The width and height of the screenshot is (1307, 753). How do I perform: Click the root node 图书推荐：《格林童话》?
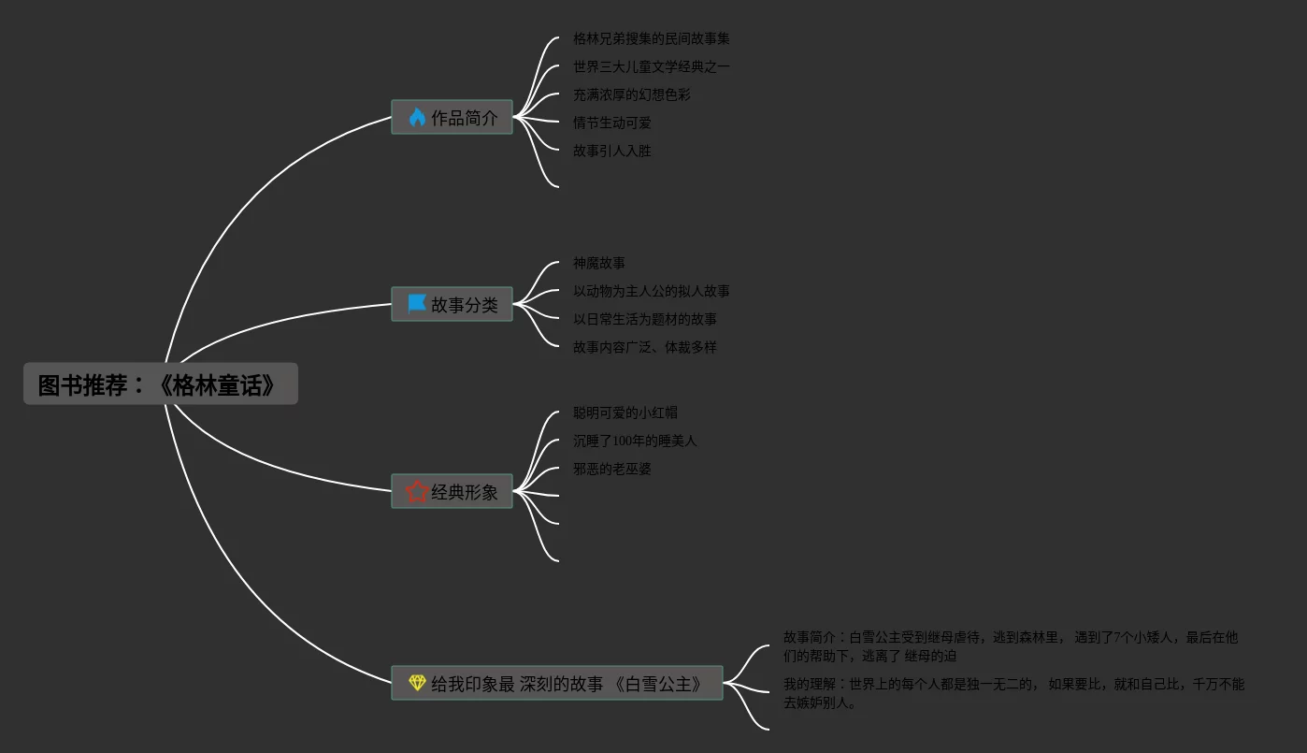(160, 384)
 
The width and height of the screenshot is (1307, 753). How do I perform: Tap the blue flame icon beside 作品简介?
(417, 118)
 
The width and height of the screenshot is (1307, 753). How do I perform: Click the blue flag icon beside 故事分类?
(417, 305)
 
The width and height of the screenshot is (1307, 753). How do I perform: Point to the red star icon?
(417, 492)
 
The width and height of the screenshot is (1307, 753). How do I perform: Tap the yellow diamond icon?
(417, 684)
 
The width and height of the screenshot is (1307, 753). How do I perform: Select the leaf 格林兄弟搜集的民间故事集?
(651, 39)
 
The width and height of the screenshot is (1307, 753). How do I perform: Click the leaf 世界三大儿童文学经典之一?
(651, 67)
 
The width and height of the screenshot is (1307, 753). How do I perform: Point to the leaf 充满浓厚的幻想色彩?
(632, 95)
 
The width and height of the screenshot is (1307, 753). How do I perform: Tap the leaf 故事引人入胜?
(612, 152)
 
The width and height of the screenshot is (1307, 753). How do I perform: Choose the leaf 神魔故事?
(599, 264)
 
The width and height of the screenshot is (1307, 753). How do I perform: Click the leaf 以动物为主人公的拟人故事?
(651, 292)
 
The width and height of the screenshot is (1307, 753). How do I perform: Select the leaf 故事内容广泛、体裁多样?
(644, 348)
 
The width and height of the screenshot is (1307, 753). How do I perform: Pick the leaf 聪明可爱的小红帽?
(625, 413)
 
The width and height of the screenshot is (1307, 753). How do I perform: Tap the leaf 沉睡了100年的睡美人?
(635, 442)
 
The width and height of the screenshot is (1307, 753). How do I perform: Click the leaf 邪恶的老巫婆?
(612, 470)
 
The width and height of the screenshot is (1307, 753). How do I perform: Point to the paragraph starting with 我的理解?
(1013, 693)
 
